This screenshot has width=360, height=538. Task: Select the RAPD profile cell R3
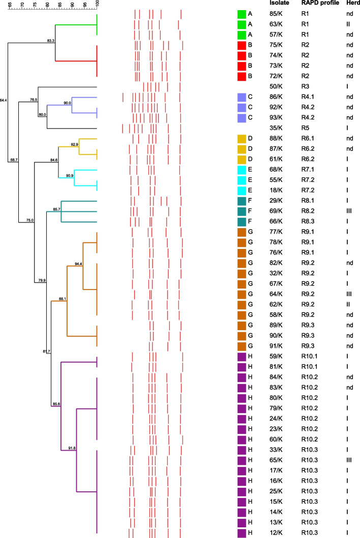click(305, 86)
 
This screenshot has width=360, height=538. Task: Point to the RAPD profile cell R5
click(305, 128)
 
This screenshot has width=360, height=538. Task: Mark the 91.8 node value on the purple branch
click(72, 448)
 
